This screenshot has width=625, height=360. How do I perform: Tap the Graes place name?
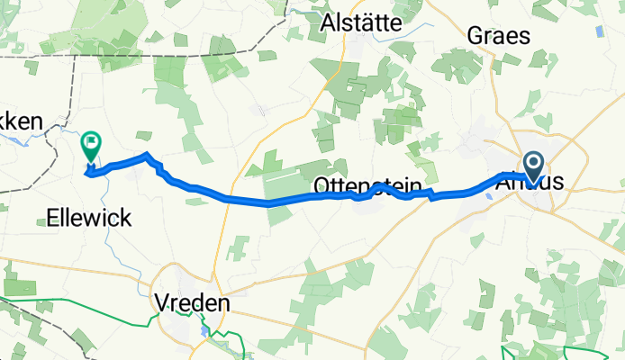click(x=498, y=36)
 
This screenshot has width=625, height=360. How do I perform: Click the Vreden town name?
click(x=191, y=302)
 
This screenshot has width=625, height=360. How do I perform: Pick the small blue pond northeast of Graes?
click(x=599, y=33)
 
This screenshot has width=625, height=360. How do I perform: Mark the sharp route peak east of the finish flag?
click(x=147, y=157)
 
